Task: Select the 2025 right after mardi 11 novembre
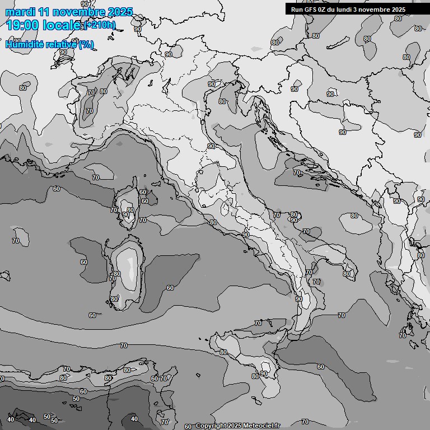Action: click(120, 12)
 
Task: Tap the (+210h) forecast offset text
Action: click(100, 25)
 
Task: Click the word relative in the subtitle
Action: click(60, 44)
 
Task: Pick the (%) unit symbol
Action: click(86, 44)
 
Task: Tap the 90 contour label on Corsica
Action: click(126, 214)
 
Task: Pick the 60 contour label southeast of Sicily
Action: click(321, 367)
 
